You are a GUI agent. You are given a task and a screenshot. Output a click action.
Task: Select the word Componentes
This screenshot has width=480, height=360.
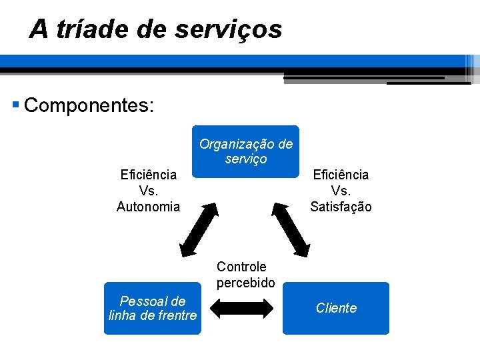(x=89, y=105)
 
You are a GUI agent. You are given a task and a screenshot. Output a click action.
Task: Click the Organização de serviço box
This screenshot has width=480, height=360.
(x=245, y=152)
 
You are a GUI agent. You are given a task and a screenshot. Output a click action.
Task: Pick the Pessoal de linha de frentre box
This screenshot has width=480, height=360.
(x=152, y=308)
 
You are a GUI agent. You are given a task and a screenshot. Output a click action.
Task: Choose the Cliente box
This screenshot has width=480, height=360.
(x=336, y=308)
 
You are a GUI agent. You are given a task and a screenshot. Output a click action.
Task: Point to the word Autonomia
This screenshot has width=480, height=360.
(x=148, y=207)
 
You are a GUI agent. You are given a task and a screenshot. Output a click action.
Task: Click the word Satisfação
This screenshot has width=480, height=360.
(x=341, y=207)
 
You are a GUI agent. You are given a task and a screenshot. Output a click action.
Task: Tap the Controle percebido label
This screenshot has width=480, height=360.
(x=245, y=275)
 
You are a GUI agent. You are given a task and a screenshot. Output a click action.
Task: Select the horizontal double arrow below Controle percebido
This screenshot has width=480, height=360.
(x=241, y=308)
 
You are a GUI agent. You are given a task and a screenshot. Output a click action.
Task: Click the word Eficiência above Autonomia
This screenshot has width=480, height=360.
(x=148, y=175)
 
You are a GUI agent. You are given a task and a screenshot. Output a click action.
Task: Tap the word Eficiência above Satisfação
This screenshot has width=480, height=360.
(x=341, y=175)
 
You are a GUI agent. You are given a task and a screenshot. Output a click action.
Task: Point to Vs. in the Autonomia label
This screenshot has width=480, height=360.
(x=148, y=191)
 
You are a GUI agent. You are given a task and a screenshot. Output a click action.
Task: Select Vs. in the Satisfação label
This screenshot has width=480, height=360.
(x=341, y=191)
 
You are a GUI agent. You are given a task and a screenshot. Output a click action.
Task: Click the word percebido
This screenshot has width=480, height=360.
(x=245, y=283)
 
